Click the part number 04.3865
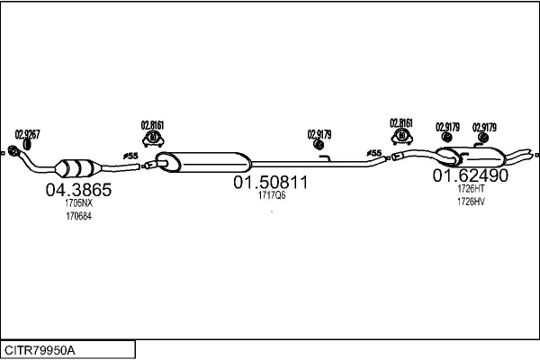(78, 190)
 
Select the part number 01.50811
(271, 182)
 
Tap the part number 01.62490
(470, 175)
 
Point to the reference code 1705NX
(79, 202)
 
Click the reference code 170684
(79, 216)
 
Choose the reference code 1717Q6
(272, 195)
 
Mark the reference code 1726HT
(471, 189)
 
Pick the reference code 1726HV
(471, 202)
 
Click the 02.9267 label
(27, 134)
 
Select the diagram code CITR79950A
(40, 351)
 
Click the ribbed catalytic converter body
(77, 168)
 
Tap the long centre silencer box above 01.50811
(203, 162)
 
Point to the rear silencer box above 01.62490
(471, 157)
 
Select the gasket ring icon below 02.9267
(27, 145)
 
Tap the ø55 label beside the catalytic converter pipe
(130, 156)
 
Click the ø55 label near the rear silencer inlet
(374, 153)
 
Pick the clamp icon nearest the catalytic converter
(153, 139)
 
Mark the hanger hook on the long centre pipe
(326, 158)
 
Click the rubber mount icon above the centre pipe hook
(319, 145)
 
